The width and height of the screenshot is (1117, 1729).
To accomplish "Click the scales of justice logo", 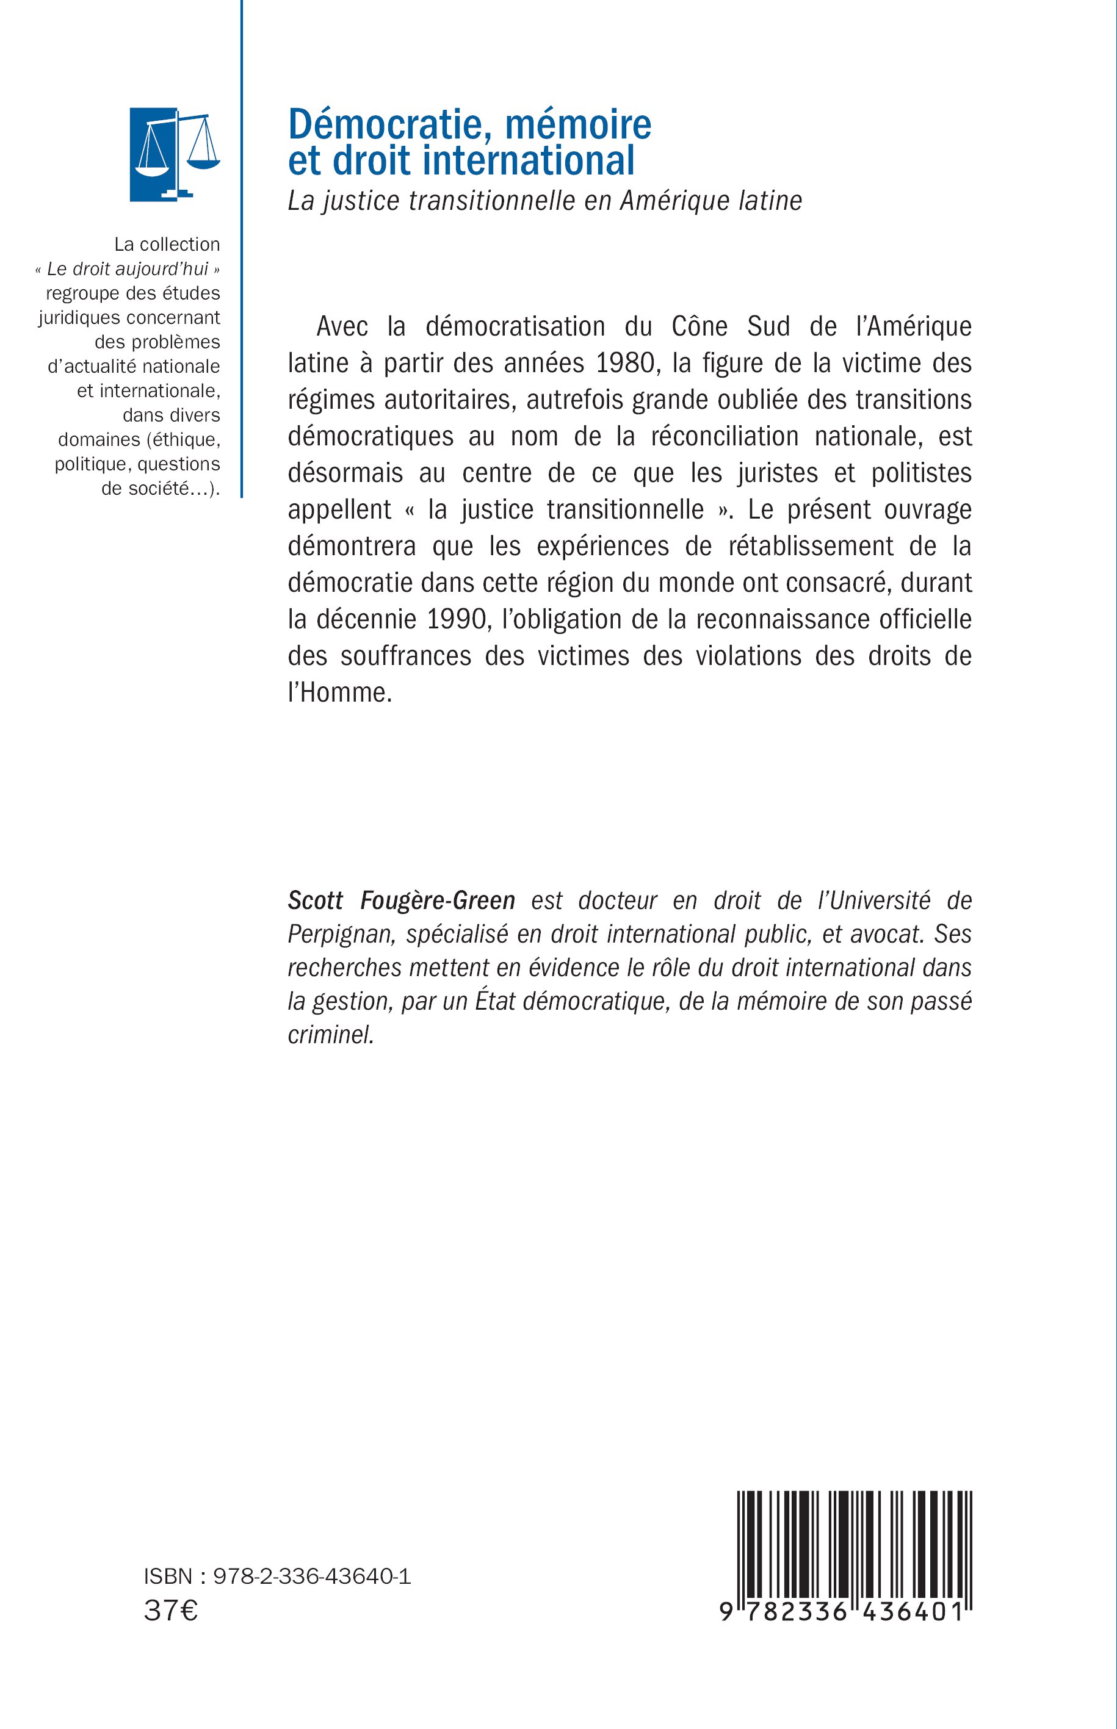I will click(x=174, y=154).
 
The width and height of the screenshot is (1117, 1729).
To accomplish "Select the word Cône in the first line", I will click(x=699, y=326).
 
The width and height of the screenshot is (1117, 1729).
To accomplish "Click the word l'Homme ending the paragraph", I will click(x=339, y=692).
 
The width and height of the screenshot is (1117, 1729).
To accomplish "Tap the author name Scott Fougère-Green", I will click(x=401, y=900).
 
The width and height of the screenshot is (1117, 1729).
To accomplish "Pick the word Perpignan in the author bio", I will click(x=341, y=933).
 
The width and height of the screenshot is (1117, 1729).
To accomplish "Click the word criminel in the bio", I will click(x=331, y=1035).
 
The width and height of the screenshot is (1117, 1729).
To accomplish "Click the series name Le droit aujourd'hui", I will click(x=128, y=270).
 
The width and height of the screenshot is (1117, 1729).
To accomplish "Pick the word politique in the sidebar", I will click(x=92, y=464).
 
